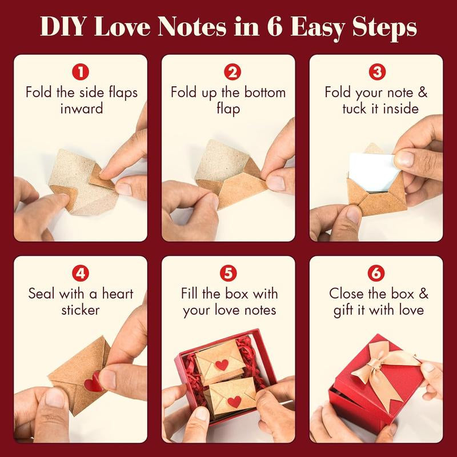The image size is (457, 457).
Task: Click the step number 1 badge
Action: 81,73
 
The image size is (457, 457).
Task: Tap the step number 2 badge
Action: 228,73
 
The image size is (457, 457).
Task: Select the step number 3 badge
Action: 376,73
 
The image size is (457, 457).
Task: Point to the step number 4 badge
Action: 81,274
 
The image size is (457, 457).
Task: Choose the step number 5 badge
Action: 228,274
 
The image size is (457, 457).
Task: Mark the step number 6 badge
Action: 376,274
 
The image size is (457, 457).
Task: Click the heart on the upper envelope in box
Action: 221,364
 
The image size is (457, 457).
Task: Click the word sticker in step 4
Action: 81,310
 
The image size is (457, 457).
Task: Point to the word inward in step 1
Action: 81,109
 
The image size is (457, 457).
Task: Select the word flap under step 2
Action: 228,109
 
